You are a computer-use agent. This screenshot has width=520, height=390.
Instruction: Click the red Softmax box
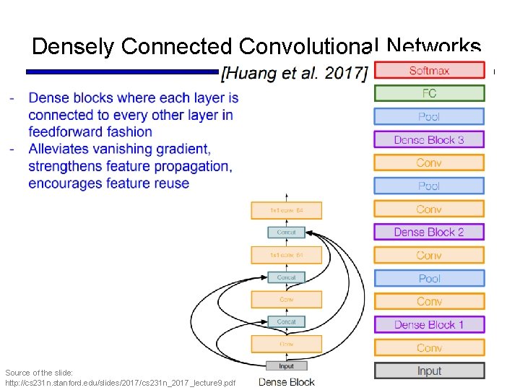pyautogui.click(x=429, y=70)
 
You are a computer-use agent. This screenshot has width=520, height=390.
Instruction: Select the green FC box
pyautogui.click(x=429, y=93)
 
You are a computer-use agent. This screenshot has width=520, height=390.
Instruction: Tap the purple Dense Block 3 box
pyautogui.click(x=429, y=139)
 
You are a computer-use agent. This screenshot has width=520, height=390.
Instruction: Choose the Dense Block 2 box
pyautogui.click(x=429, y=232)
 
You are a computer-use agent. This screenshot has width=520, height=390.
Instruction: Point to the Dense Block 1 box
pyautogui.click(x=429, y=324)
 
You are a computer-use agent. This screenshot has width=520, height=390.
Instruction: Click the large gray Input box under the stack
pyautogui.click(x=429, y=370)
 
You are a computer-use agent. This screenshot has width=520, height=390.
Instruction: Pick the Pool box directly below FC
pyautogui.click(x=429, y=116)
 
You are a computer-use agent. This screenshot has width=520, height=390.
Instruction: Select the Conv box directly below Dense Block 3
pyautogui.click(x=429, y=162)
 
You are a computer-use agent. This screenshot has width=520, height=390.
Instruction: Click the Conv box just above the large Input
pyautogui.click(x=429, y=347)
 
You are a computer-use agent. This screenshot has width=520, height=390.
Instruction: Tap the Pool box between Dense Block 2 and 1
pyautogui.click(x=429, y=278)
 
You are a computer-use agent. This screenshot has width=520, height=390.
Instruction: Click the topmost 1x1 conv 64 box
pyautogui.click(x=287, y=210)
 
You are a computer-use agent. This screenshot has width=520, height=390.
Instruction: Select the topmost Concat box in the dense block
pyautogui.click(x=287, y=233)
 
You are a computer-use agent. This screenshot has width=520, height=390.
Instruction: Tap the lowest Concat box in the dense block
pyautogui.click(x=287, y=321)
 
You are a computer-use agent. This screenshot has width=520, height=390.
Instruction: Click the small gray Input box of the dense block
pyautogui.click(x=287, y=366)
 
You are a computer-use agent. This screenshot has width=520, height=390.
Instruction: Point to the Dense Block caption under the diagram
pyautogui.click(x=287, y=381)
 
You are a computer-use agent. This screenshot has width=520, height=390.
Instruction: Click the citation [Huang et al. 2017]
pyautogui.click(x=295, y=72)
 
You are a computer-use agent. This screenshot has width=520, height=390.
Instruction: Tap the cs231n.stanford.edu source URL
pyautogui.click(x=120, y=381)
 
